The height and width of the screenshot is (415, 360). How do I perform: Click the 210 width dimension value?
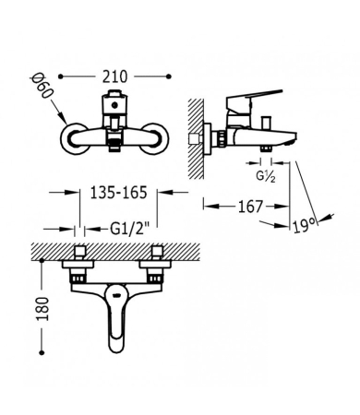114,77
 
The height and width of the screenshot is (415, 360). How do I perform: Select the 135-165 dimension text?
118,193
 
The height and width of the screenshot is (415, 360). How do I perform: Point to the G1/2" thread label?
130,229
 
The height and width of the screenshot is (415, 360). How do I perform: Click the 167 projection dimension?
251,207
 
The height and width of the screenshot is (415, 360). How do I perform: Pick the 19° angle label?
305,226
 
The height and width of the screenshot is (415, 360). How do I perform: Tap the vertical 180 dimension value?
42,309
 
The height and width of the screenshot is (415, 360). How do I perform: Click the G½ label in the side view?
266,176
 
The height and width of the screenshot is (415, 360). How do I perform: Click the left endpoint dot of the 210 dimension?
61,77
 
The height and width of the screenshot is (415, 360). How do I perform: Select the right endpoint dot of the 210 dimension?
168,77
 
